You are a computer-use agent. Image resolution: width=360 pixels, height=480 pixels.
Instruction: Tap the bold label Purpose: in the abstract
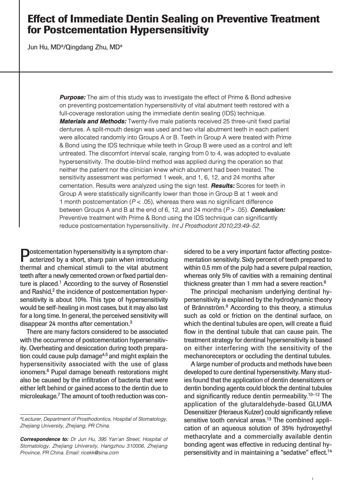pyautogui.click(x=73, y=97)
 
